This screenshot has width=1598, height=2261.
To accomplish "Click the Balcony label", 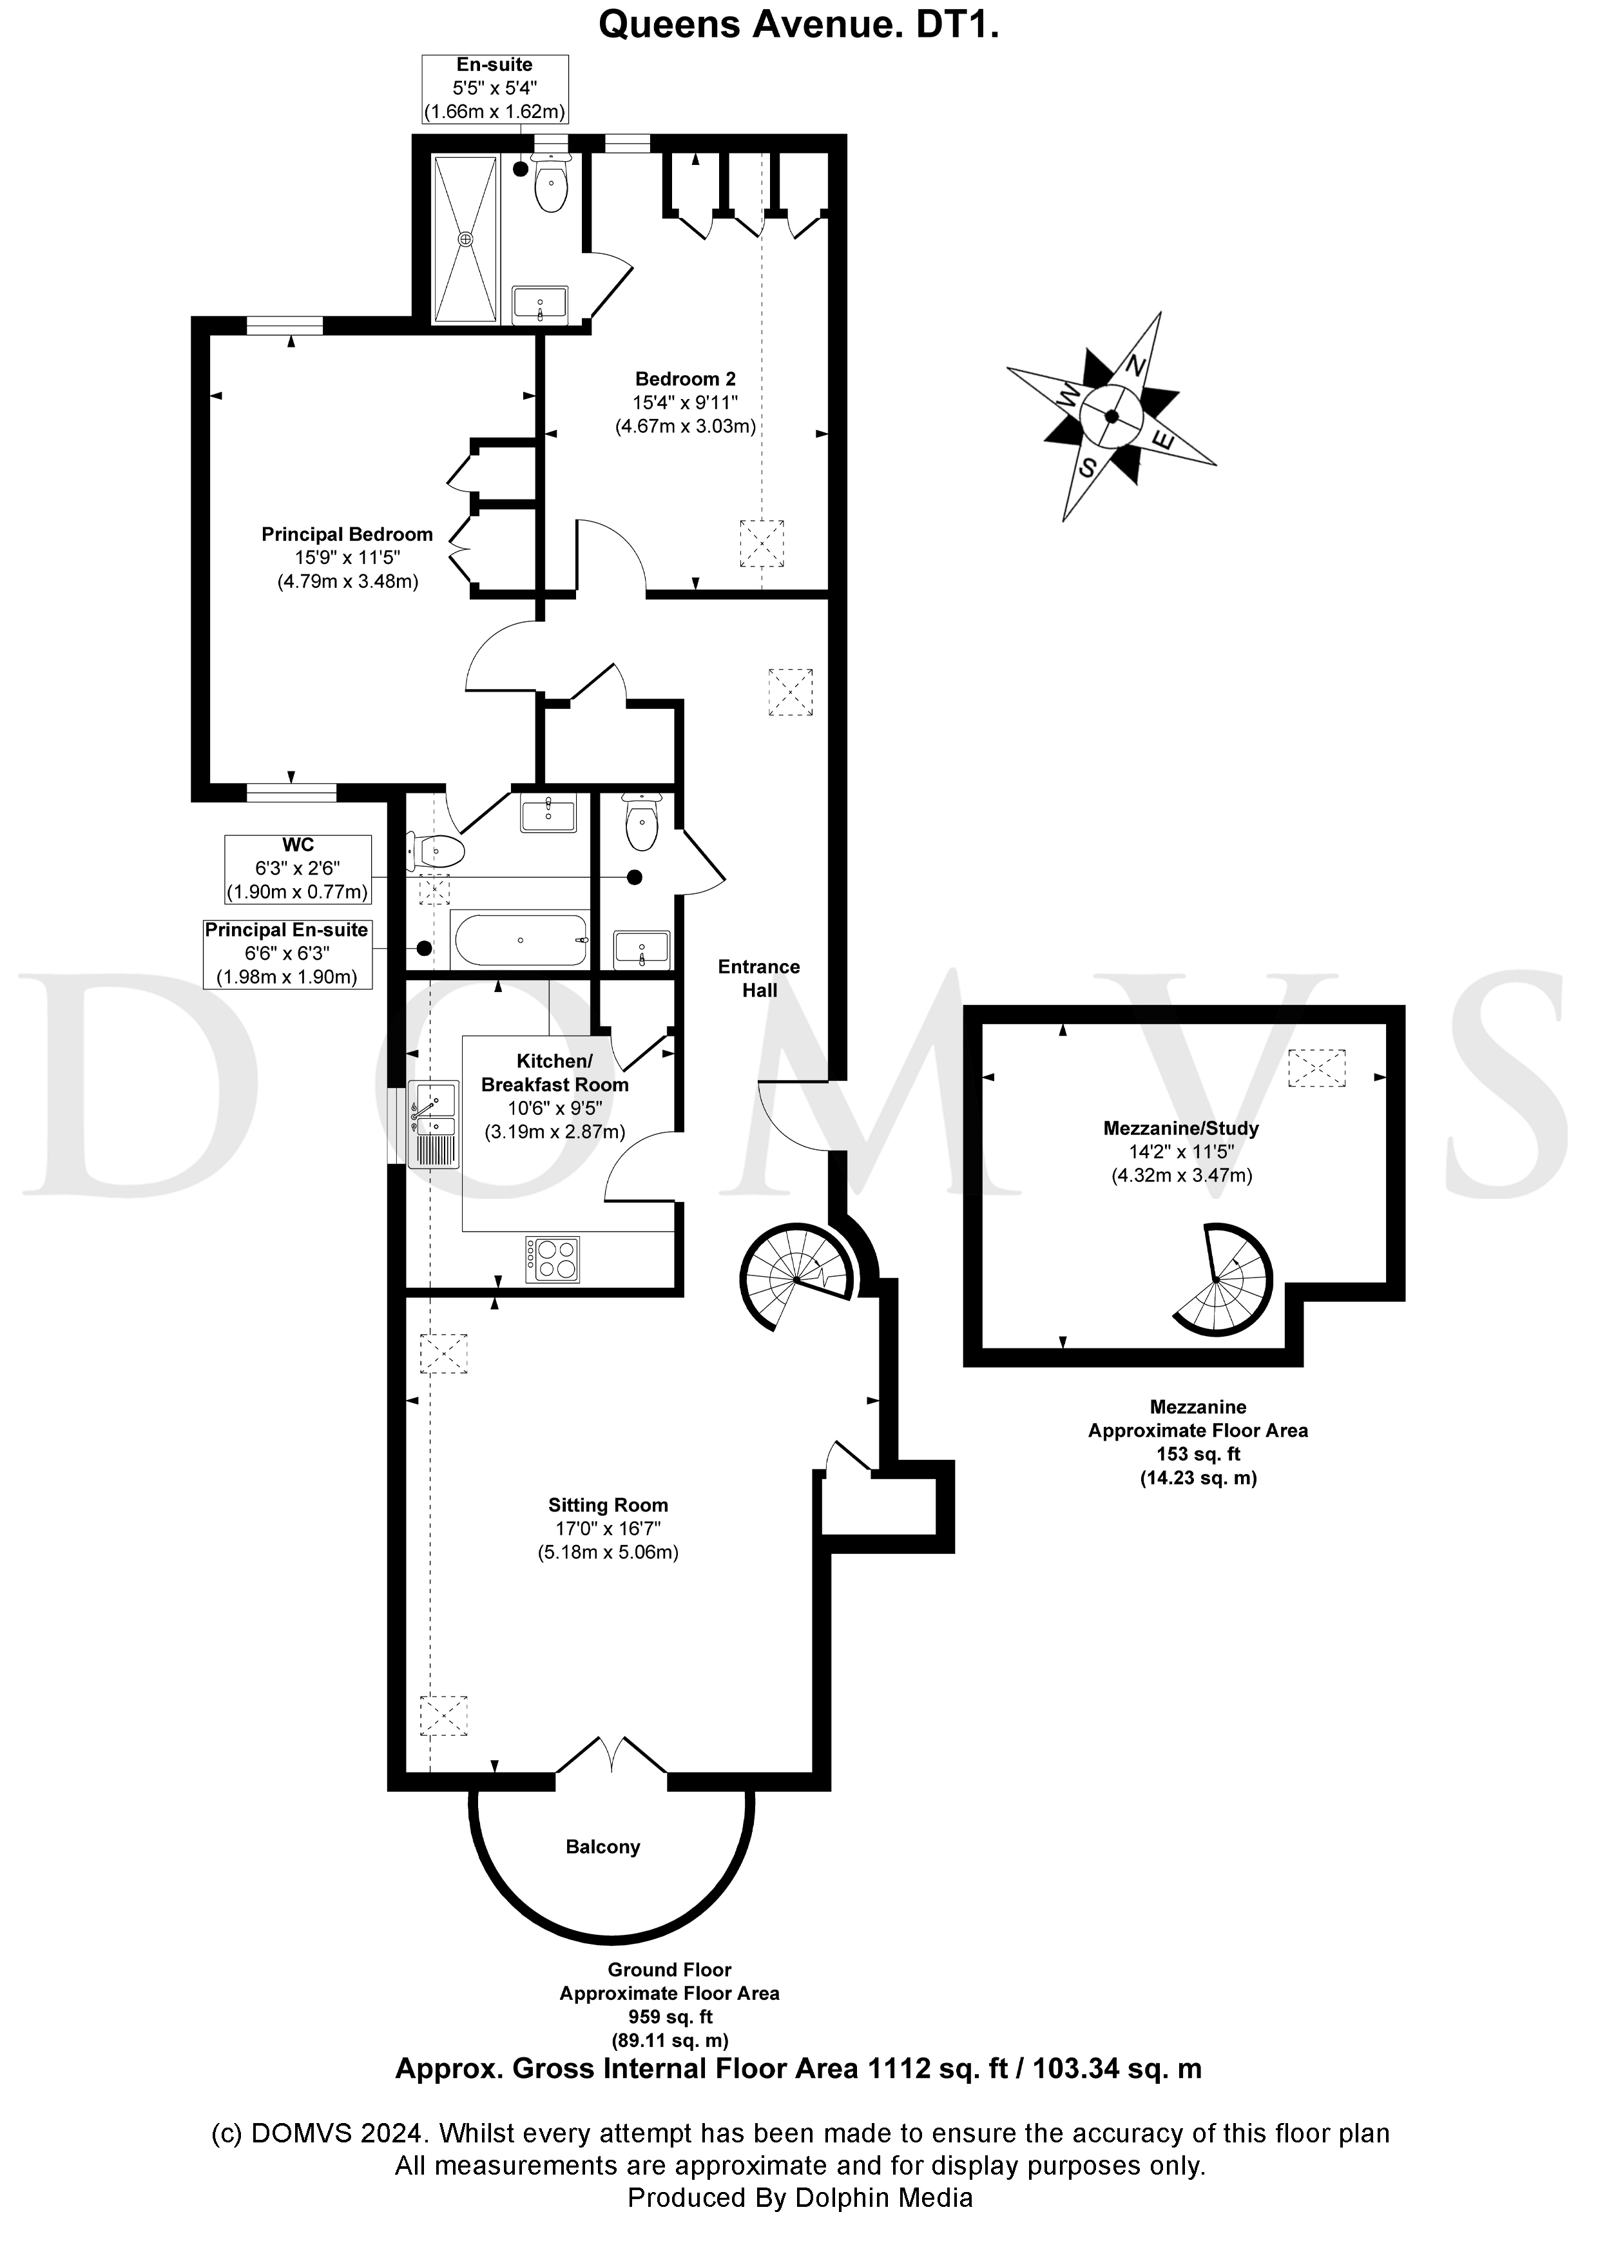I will pos(602,1847).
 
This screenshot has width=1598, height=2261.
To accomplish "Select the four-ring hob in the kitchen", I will pos(554,1259).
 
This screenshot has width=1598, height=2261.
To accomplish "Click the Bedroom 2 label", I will pos(686,378).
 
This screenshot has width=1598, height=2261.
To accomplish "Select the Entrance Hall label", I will pos(759,978).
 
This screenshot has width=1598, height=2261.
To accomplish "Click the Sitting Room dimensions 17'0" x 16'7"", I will pos(608,1528).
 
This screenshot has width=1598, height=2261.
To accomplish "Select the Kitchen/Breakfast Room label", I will pos(554,1072).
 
